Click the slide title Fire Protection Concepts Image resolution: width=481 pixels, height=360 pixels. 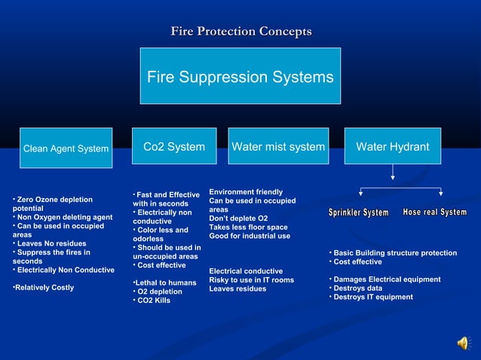[x=240, y=32]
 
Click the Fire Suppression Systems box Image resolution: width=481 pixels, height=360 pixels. [x=240, y=77]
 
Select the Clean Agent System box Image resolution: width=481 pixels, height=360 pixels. [x=66, y=148]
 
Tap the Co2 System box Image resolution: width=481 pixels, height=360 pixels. [x=174, y=147]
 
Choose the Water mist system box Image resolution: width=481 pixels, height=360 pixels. [x=278, y=147]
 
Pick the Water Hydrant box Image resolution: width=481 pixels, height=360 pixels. [x=393, y=147]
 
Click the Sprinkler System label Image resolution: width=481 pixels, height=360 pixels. [x=359, y=213]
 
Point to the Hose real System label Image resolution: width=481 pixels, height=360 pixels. [x=435, y=212]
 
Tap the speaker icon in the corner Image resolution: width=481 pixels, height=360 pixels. [x=463, y=343]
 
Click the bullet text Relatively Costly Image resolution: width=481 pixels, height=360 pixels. [x=44, y=287]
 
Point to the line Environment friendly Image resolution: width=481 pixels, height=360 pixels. [x=246, y=192]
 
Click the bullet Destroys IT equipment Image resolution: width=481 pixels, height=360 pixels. [x=372, y=297]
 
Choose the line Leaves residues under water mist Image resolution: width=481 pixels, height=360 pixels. [x=237, y=288]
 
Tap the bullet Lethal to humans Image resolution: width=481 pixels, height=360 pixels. [x=159, y=282]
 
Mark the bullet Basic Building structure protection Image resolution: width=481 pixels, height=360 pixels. [x=394, y=253]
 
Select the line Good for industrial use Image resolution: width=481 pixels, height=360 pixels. [x=250, y=236]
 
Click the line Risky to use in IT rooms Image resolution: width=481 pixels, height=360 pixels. [x=251, y=280]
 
